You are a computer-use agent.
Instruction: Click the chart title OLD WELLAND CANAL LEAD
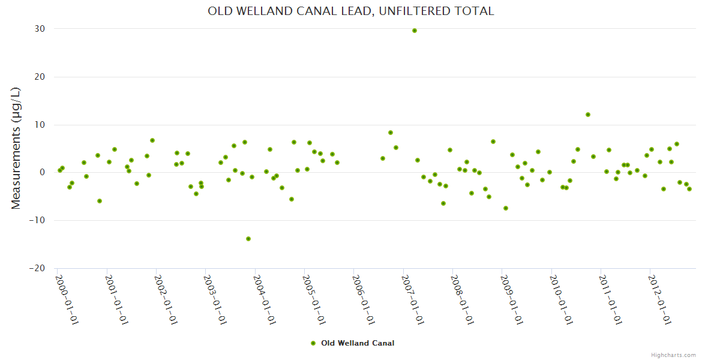click(x=351, y=11)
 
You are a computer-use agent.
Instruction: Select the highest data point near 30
click(x=415, y=31)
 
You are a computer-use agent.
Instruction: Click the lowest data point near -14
click(x=248, y=239)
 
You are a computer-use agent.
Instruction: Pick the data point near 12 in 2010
click(x=588, y=115)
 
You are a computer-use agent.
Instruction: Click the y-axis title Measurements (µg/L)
click(x=16, y=148)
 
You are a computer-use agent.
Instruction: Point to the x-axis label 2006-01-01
click(x=364, y=300)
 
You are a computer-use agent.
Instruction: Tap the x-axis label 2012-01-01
click(x=660, y=300)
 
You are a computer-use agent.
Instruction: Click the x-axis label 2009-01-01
click(x=512, y=300)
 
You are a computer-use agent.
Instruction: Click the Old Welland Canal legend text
click(x=358, y=343)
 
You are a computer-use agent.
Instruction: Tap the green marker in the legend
click(x=313, y=343)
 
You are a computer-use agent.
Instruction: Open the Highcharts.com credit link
click(x=673, y=355)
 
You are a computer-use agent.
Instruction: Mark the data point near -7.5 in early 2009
click(x=506, y=208)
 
